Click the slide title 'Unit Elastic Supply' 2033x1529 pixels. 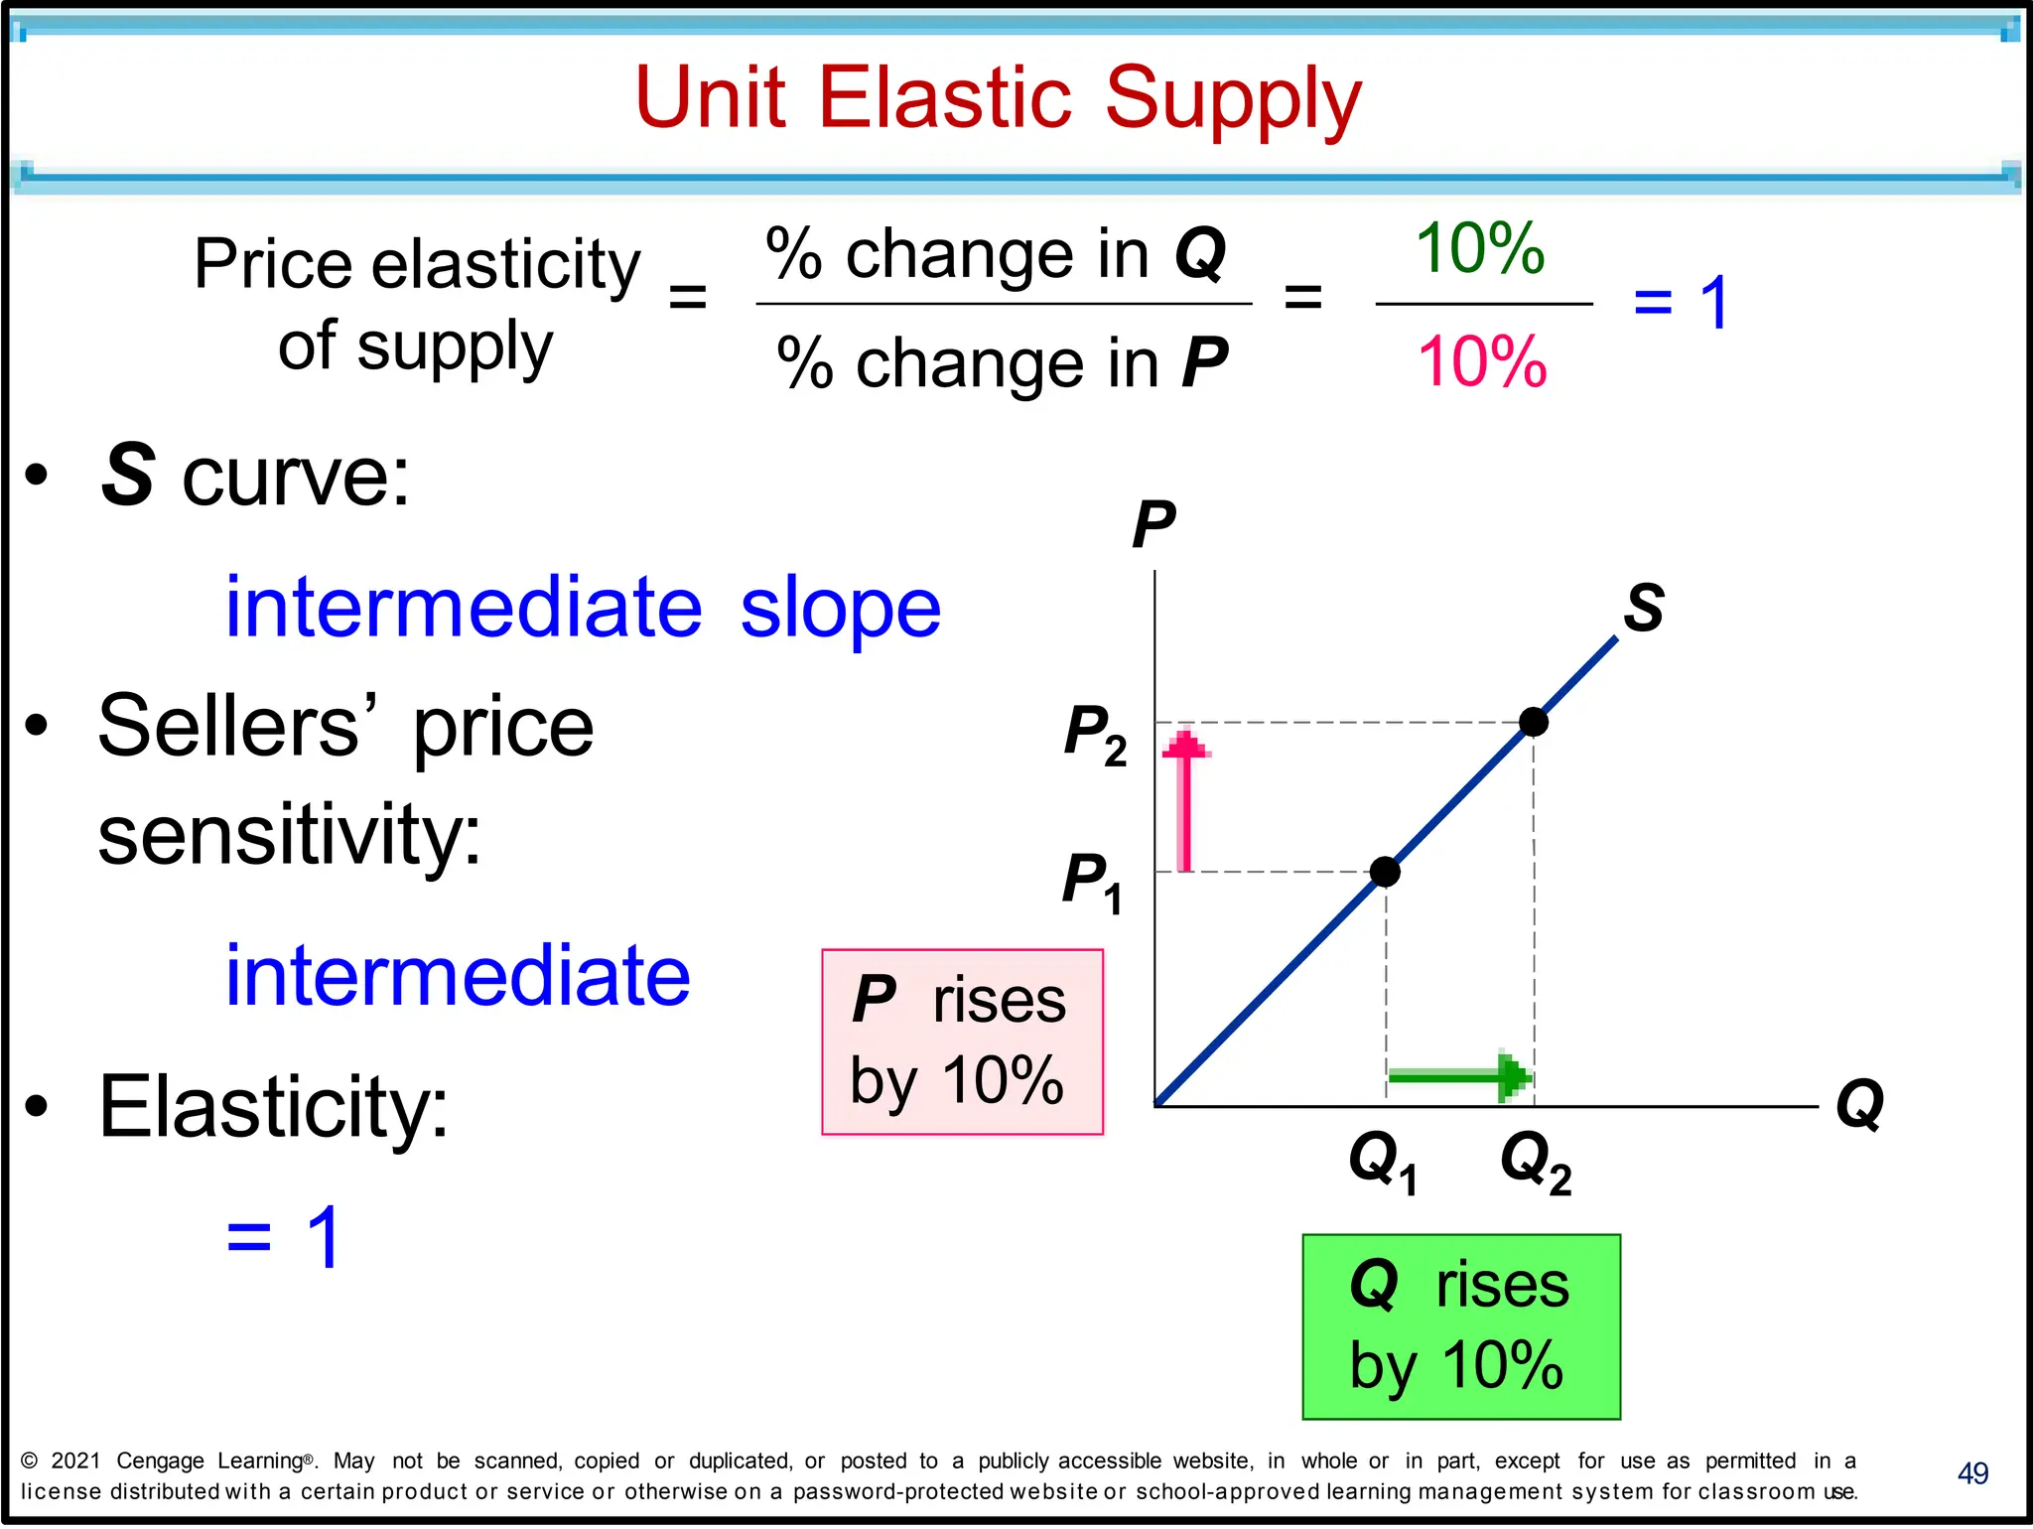[x=998, y=98]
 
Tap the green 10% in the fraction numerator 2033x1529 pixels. [x=1479, y=248]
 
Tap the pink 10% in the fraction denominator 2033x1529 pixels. [x=1482, y=361]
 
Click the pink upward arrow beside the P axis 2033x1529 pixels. [x=1184, y=799]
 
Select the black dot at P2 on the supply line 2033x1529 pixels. [x=1533, y=722]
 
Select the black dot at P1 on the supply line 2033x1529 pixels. [x=1385, y=872]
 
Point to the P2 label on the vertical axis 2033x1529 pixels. [x=1095, y=735]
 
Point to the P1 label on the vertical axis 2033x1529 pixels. [x=1092, y=882]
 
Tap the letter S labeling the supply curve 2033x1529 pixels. [x=1643, y=607]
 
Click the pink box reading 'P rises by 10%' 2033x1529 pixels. [x=962, y=1042]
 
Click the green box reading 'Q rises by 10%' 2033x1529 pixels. [x=1460, y=1326]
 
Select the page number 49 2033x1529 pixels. [x=1971, y=1473]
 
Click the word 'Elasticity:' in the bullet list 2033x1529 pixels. [x=274, y=1106]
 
